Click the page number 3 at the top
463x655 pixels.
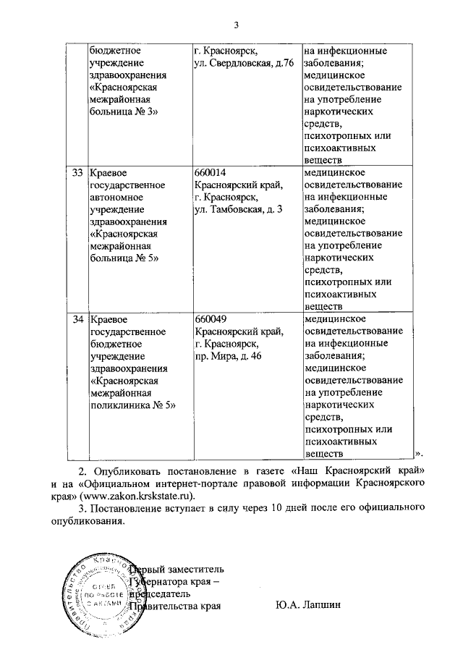pos(236,27)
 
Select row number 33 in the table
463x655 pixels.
pos(77,173)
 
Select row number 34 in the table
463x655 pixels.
pos(77,319)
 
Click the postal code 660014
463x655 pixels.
pos(211,173)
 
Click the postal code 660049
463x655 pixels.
pos(211,319)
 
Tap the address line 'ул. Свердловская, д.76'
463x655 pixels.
pos(243,64)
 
